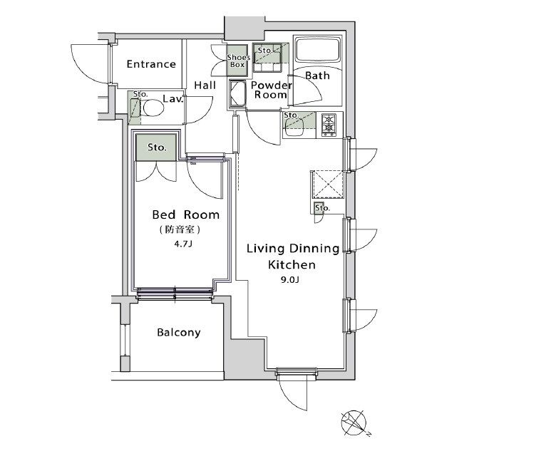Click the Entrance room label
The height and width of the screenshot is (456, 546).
click(x=151, y=64)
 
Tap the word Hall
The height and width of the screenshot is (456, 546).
click(x=205, y=85)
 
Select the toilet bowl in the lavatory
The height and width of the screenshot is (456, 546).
click(x=152, y=108)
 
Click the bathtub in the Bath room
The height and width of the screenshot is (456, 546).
click(x=317, y=49)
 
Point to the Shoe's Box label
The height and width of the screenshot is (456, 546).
click(x=238, y=61)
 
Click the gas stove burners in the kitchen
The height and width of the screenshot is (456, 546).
click(x=329, y=124)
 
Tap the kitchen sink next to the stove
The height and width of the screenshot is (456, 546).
click(x=294, y=125)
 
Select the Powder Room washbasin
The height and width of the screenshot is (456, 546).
click(x=238, y=93)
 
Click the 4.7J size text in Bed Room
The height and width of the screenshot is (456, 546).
click(x=183, y=244)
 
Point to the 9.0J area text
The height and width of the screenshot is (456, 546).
click(x=290, y=279)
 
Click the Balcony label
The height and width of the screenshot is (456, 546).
click(x=179, y=333)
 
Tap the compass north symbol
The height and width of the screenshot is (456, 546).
click(x=354, y=423)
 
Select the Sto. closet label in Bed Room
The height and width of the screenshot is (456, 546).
click(x=157, y=147)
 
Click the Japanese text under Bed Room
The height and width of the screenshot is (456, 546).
click(x=180, y=229)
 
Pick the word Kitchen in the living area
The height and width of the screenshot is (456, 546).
click(x=292, y=264)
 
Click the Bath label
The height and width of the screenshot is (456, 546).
click(x=317, y=76)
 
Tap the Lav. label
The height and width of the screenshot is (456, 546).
click(x=173, y=99)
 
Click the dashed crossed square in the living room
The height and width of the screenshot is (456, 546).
click(x=327, y=183)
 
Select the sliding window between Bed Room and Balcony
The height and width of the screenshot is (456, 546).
click(x=175, y=293)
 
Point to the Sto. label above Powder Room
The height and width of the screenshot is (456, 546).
click(x=264, y=51)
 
